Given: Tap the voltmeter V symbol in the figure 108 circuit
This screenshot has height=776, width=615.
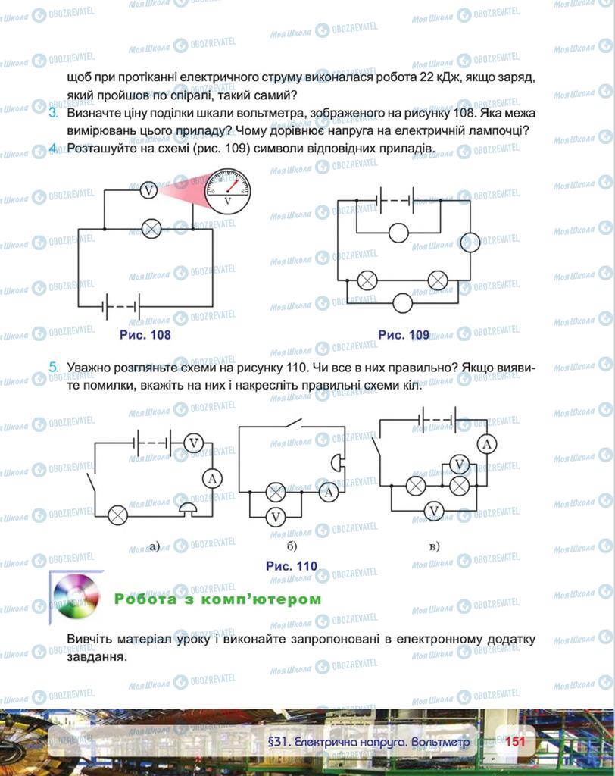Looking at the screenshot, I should pos(149,190).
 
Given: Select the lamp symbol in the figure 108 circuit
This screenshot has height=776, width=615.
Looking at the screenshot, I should pos(152,228).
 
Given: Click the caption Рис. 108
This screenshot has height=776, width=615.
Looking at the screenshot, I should pos(145,335).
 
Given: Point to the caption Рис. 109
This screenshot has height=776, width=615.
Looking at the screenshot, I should pos(404,335).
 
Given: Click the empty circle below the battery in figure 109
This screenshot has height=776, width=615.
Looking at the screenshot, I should pos(398,233).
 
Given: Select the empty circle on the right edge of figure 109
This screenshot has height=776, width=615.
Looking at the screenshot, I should pos(470,242).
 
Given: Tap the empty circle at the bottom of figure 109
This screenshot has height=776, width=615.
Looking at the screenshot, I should pos(402,303).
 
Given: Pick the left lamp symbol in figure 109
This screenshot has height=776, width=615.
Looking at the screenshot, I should pos(367,280).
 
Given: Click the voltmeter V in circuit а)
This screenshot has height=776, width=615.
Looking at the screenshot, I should pos(195,443).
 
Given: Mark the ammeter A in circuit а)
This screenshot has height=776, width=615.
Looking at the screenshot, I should pos(213,478).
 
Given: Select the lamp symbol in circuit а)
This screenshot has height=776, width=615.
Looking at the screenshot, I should pos(117,515).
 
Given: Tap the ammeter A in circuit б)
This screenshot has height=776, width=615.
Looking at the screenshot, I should pos(328,493).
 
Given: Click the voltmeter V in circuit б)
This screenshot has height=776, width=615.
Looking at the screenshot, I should pos(276,517).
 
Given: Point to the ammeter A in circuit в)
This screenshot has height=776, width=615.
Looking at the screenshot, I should pos(488,443).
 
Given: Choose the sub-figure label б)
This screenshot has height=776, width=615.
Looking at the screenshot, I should pos(292,546).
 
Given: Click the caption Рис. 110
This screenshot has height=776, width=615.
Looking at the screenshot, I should pos(292,565).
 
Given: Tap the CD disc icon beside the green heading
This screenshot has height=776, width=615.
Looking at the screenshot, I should pos(76,596).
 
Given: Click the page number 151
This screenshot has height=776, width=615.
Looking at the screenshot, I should pos(515,741).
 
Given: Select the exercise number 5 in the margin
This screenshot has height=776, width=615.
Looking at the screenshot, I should pos(53,368).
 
